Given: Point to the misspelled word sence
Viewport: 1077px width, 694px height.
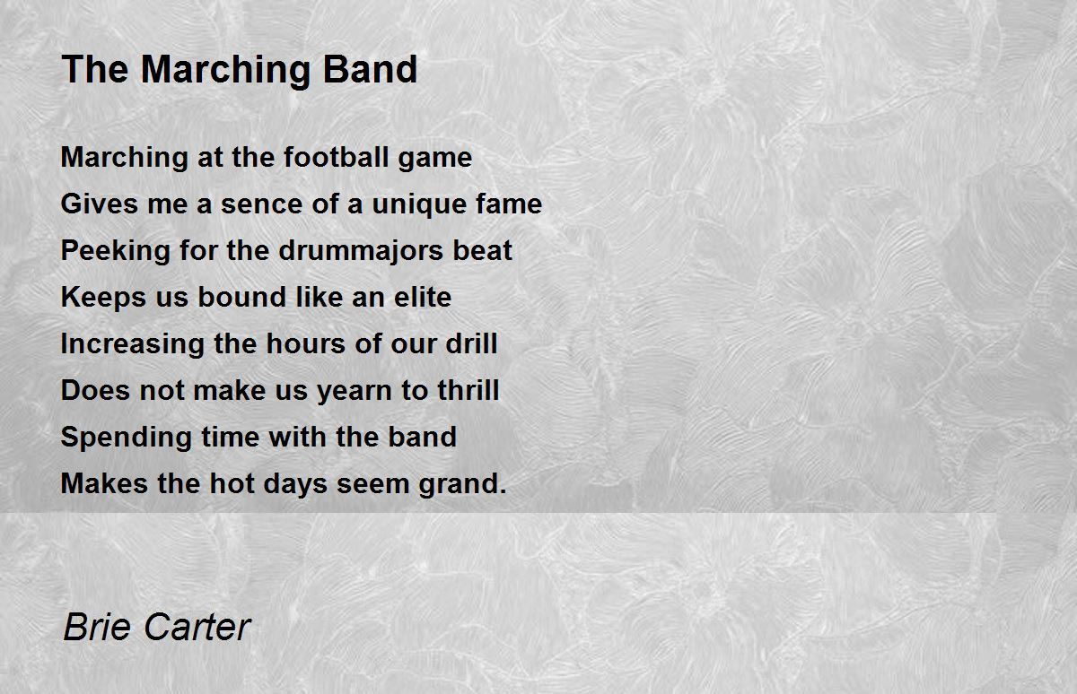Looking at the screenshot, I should [x=255, y=204].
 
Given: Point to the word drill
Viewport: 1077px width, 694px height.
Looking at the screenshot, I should [x=472, y=343].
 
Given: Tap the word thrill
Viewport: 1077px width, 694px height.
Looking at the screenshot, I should [x=468, y=391].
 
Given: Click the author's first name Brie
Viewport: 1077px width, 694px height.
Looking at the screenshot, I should [x=96, y=627].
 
